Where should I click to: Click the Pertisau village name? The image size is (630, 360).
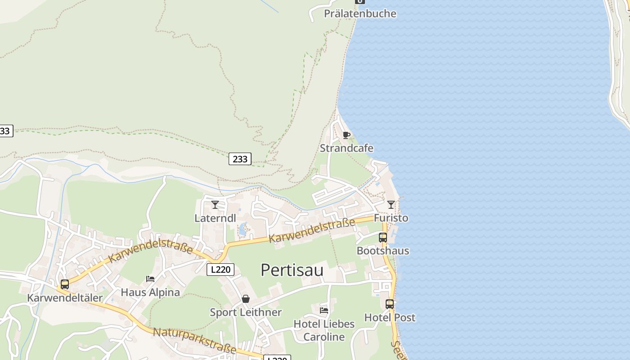coord(292,270)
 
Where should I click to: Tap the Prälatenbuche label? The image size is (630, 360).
coord(360,13)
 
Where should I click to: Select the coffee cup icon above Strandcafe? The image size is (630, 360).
coord(346,135)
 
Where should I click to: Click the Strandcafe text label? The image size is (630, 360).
coord(346,148)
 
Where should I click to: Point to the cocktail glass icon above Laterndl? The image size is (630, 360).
coord(215,205)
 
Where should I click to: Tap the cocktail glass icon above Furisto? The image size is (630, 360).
coord(391,205)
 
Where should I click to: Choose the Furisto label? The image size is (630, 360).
coord(391,218)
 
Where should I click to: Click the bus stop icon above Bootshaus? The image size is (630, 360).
coord(382,238)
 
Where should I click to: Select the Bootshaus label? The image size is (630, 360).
coord(382,251)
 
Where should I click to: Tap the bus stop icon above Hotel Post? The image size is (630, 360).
coord(389,304)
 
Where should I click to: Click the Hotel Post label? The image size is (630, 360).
coord(389,317)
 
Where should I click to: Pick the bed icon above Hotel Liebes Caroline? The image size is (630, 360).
coord(324,310)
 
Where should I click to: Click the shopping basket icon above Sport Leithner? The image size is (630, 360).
coord(246,299)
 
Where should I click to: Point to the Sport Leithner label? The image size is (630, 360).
coord(246,312)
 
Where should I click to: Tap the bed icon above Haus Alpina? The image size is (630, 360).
coord(150,279)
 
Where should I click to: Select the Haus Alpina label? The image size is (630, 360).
coord(150,292)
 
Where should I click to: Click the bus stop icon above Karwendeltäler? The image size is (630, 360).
coord(65,284)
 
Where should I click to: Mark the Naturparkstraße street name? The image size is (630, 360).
coord(194,340)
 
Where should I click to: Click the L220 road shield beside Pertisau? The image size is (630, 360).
coord(220,270)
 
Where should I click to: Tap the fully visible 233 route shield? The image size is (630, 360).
coord(240,159)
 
